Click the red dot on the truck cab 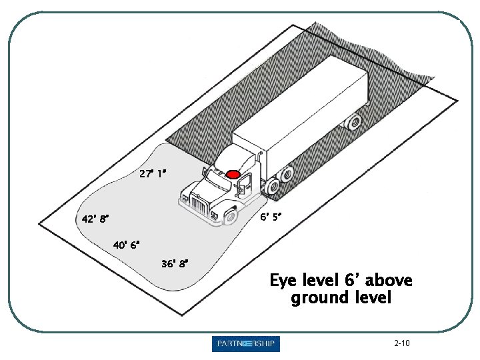pyautogui.click(x=233, y=174)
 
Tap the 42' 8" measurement pyautogui.click(x=95, y=219)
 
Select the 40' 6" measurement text pyautogui.click(x=127, y=245)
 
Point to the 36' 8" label pyautogui.click(x=175, y=263)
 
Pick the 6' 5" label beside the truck pyautogui.click(x=271, y=217)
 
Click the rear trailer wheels pyautogui.click(x=351, y=122)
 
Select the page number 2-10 pyautogui.click(x=402, y=343)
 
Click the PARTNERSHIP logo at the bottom pyautogui.click(x=246, y=344)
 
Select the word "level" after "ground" pyautogui.click(x=372, y=297)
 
